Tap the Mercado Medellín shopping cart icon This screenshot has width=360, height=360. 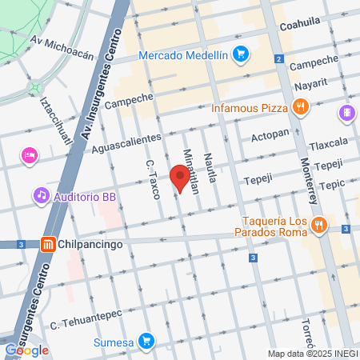tap(239, 54)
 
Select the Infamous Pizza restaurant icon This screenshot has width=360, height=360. tap(300, 106)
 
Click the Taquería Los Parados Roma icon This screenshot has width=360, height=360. tap(318, 225)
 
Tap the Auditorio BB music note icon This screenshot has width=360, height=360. tap(41, 194)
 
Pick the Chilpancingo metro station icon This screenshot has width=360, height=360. tap(48, 245)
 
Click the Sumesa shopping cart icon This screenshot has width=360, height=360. tap(145, 341)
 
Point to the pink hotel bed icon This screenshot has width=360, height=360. tap(30, 155)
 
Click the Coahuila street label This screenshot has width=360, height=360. tap(299, 25)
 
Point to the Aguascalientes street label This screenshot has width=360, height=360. tap(126, 145)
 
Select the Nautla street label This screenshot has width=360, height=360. tap(209, 168)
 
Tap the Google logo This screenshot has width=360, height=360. tap(26, 350)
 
